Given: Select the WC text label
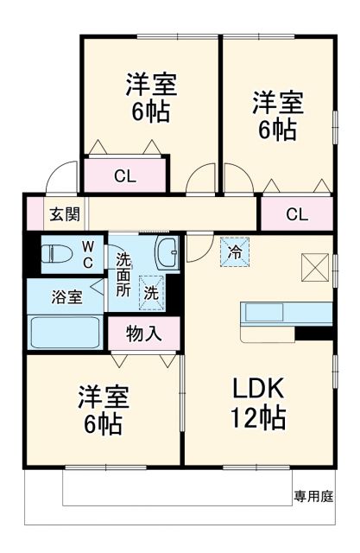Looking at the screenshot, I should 88,253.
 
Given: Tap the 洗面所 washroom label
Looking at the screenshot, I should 124,273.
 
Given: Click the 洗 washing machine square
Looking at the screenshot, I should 151,292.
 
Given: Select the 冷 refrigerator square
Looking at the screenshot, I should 234,251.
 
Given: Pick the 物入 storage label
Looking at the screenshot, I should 144,333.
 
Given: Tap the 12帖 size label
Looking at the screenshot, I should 257,419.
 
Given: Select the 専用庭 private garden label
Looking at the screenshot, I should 313,496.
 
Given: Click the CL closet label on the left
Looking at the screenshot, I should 125,177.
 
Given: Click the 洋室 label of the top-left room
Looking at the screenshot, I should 151,85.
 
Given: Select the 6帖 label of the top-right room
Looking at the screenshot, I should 277,130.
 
